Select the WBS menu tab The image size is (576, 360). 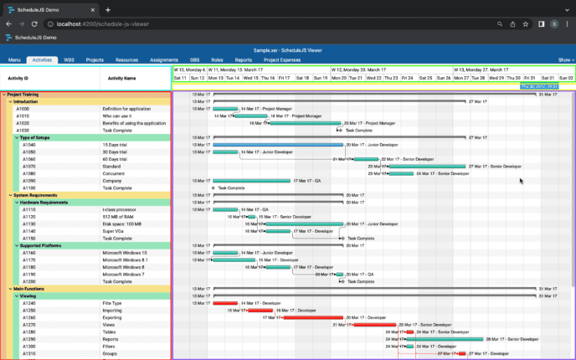[69, 60]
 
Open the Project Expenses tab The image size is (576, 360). [282, 60]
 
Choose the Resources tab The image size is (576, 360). [126, 60]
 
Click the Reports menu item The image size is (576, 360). [244, 60]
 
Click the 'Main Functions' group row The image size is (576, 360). [29, 289]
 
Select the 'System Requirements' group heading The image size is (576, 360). [34, 195]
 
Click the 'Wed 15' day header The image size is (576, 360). [251, 78]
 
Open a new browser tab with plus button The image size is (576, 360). [108, 9]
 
